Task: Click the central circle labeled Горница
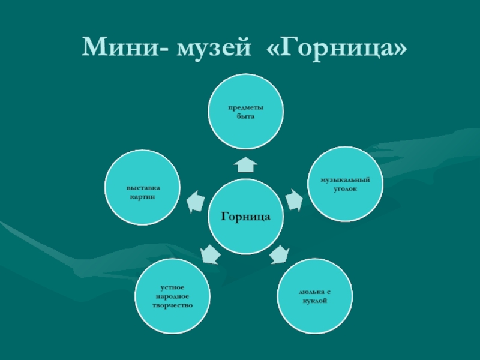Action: pos(245,216)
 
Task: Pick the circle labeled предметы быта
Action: pos(245,112)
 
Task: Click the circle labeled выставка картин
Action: pos(143,188)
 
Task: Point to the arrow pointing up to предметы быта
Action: pos(246,164)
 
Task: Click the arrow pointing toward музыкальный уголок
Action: pos(293,200)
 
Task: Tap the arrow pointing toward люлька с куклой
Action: pos(279,254)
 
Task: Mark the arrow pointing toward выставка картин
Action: pos(196,202)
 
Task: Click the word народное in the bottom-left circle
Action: pos(173,296)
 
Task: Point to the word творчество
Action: pos(173,305)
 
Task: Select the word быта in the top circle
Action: pos(245,116)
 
